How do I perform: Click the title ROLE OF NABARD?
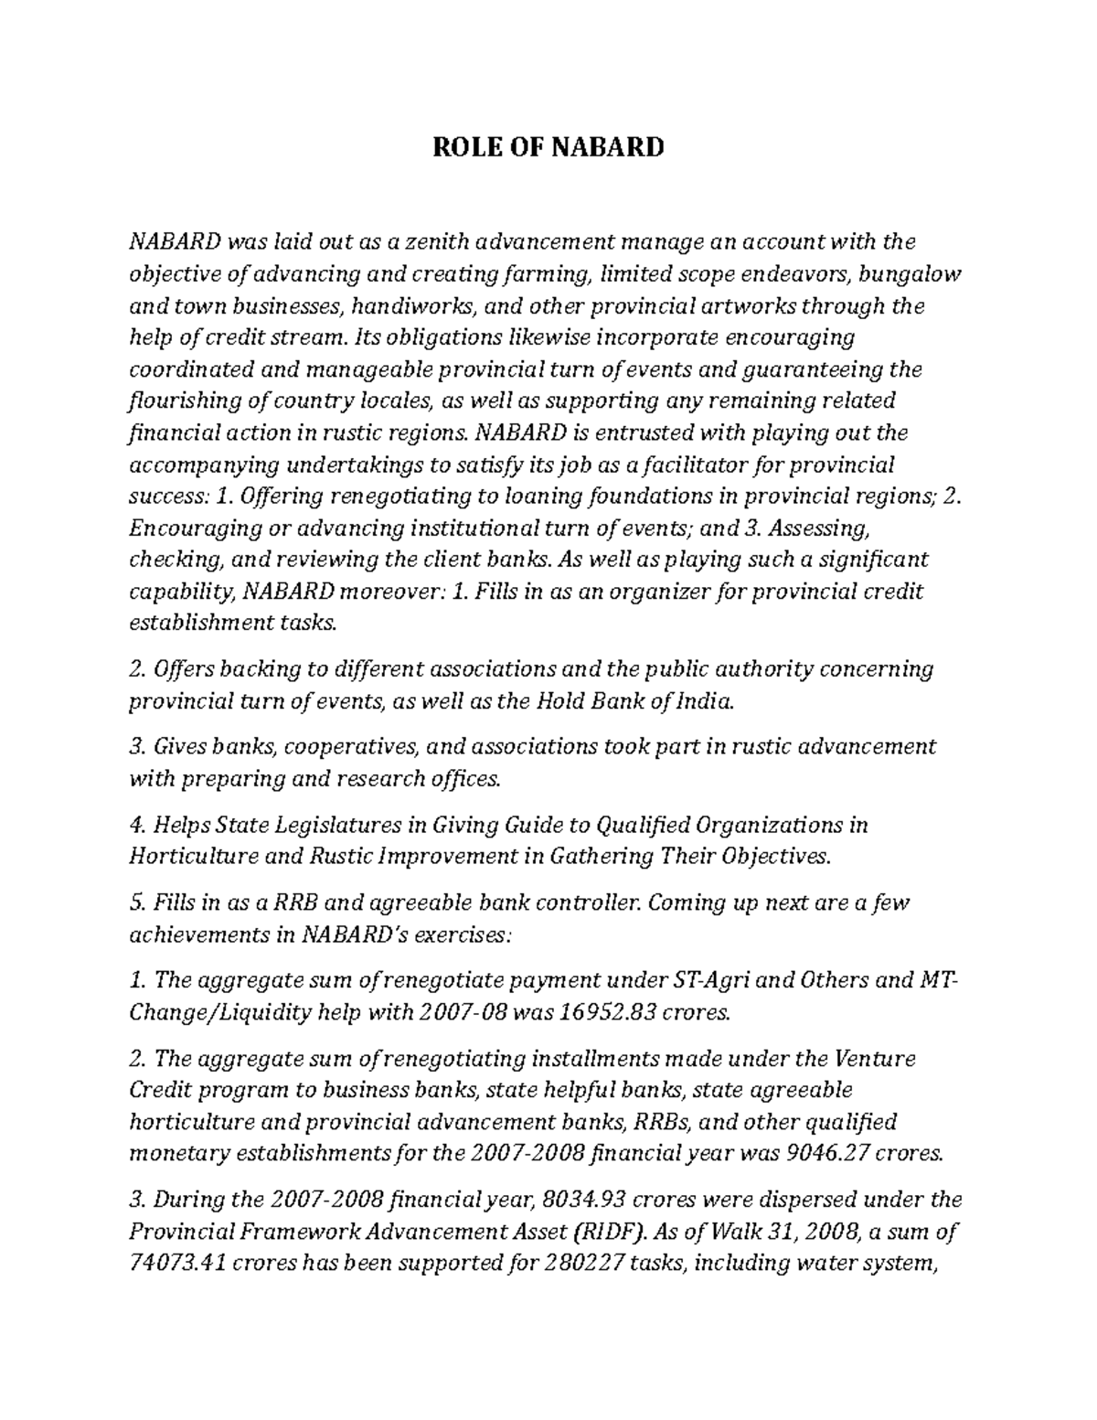[548, 146]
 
